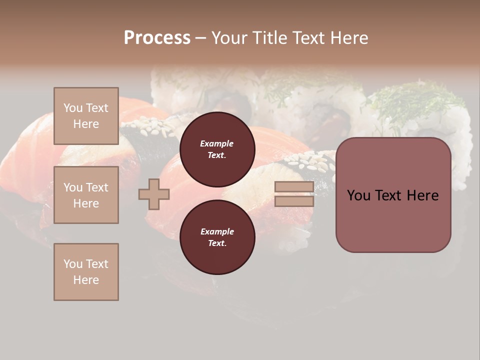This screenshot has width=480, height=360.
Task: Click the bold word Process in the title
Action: (157, 37)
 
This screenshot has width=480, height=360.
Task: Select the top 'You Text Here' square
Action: (86, 116)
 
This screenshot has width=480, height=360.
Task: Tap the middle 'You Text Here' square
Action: (86, 195)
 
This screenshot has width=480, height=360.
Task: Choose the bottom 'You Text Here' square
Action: (86, 272)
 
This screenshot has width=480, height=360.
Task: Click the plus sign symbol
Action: (154, 194)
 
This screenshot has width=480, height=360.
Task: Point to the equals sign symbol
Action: (294, 194)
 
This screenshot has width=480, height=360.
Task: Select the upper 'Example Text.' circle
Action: (217, 149)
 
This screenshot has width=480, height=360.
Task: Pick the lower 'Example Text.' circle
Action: (217, 237)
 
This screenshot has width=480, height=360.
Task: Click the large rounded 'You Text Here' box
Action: (393, 195)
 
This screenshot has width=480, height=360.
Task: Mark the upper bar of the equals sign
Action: (294, 187)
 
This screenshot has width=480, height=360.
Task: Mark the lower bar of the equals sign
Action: (294, 201)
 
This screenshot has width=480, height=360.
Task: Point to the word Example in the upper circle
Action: (217, 144)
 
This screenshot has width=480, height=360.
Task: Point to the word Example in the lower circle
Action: (217, 232)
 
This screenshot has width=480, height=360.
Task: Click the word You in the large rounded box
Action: (358, 195)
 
